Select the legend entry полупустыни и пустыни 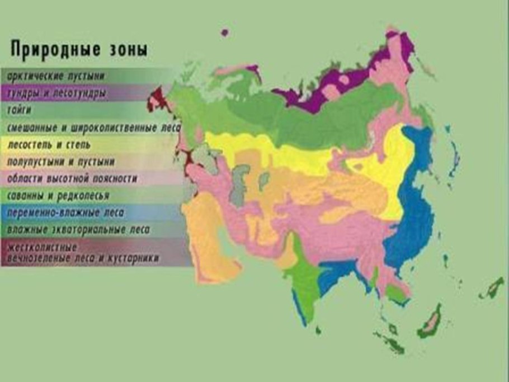(x=62, y=162)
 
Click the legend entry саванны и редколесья (x=58, y=196)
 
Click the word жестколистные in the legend (x=43, y=248)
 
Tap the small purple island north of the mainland (x=225, y=32)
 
